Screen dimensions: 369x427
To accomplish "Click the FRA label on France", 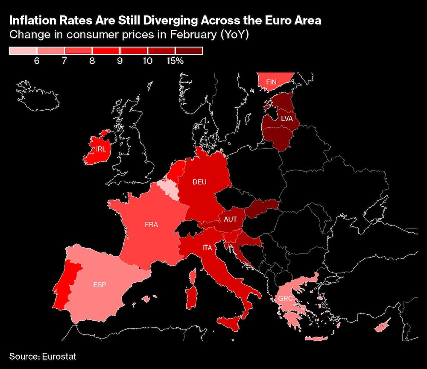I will tap(151, 224).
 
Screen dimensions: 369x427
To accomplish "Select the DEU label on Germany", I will tap(199, 182).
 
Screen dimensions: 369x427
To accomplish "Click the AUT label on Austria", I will tap(231, 219).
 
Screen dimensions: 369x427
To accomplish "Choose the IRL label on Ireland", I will tap(101, 149).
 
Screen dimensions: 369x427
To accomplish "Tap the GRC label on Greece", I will tap(285, 298).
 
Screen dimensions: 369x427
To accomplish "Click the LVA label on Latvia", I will tap(287, 119).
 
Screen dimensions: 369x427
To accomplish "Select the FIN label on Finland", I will tap(272, 81).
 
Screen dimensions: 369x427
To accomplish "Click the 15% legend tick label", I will tap(175, 61).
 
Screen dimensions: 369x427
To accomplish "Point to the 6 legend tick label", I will tap(37, 61).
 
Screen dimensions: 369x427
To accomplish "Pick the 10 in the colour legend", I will tap(147, 61).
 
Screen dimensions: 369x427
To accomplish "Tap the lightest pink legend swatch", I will tap(23, 51).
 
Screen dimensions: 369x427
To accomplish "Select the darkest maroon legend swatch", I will tap(189, 51).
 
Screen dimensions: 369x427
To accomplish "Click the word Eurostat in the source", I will tap(55, 356).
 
